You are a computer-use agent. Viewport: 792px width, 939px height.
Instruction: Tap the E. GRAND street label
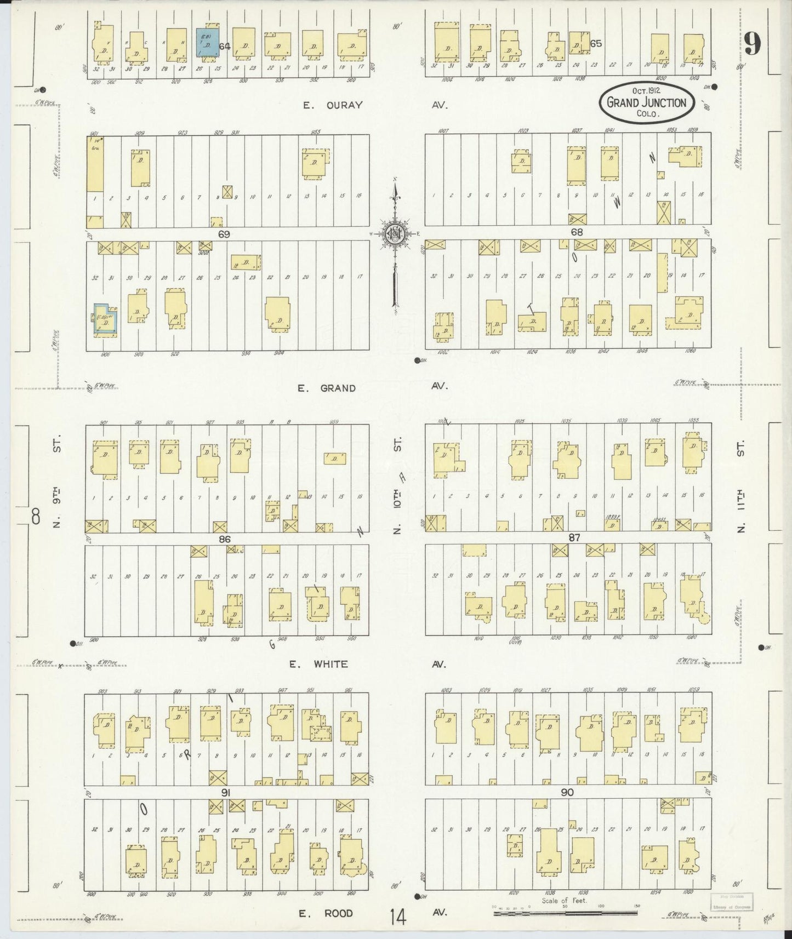coord(327,388)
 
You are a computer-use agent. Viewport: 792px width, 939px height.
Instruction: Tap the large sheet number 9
coord(753,44)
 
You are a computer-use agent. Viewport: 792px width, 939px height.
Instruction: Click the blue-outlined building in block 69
coord(103,319)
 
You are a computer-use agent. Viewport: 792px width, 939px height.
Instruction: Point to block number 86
coord(224,539)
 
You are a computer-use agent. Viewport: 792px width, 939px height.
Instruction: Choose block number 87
coord(574,538)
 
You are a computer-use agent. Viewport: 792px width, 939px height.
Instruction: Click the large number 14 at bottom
coord(398,917)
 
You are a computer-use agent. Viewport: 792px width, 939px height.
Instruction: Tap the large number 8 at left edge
coord(36,516)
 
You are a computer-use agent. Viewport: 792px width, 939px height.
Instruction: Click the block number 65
coord(596,43)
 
